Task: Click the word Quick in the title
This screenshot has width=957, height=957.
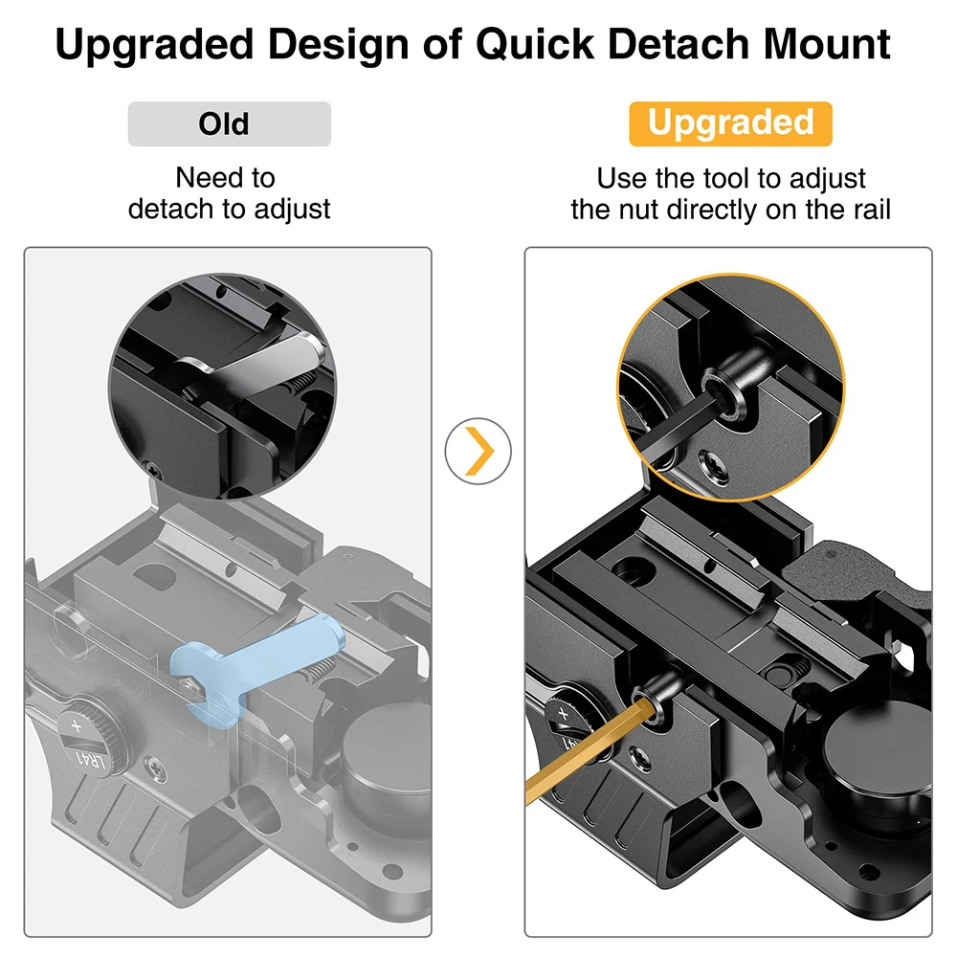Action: point(535,45)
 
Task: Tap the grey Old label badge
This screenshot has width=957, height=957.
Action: point(230,123)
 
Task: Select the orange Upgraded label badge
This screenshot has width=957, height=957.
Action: point(730,123)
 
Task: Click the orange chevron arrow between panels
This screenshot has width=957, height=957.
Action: point(479,451)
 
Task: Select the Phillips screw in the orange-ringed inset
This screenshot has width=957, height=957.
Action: point(714,464)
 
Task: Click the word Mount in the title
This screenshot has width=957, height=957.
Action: point(827,45)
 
